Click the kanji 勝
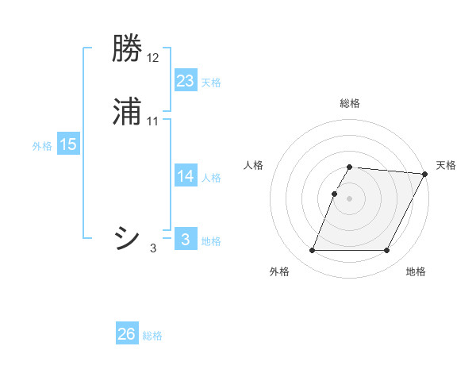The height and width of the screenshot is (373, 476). click(128, 49)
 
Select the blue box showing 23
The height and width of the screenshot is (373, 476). click(186, 81)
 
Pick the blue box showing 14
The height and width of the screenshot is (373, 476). click(186, 176)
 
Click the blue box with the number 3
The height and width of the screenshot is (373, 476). click(186, 240)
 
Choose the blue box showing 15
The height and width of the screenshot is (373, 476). click(68, 144)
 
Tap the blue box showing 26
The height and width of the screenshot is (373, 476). click(127, 334)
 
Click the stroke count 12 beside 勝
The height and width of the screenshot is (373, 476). click(153, 58)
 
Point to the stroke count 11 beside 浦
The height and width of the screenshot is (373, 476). click(153, 121)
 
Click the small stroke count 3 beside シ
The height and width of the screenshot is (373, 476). click(153, 248)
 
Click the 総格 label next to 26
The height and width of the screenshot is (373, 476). click(152, 336)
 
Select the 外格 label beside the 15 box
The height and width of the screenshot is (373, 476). click(42, 146)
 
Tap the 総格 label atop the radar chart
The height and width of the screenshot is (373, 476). click(350, 103)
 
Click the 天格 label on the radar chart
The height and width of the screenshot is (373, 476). click(446, 165)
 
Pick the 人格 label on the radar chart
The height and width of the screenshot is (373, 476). click(254, 165)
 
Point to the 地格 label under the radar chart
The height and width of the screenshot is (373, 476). click(416, 272)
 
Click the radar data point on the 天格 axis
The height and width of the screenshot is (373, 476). click(425, 174)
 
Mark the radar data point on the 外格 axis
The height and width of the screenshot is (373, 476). click(313, 251)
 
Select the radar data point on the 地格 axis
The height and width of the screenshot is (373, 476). click(387, 251)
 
